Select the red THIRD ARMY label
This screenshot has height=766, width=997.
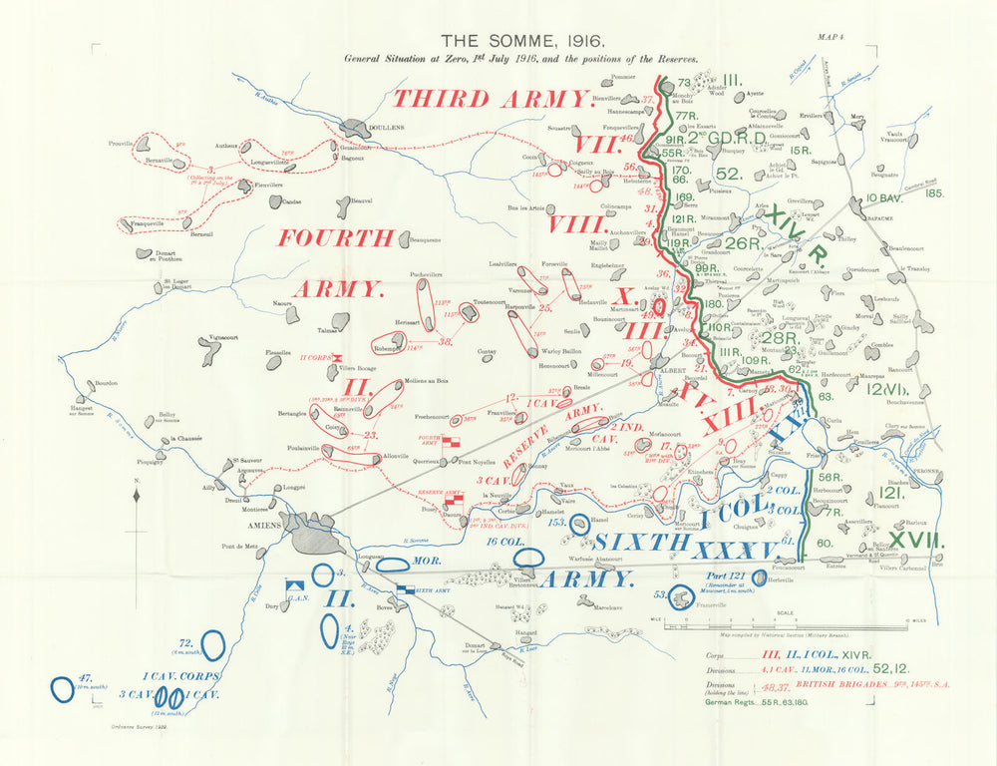(x=493, y=98)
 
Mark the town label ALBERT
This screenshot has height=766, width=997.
(x=660, y=369)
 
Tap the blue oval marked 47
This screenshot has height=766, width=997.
(x=63, y=687)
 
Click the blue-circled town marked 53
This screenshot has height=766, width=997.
(x=681, y=597)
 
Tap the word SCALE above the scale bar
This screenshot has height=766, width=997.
(x=787, y=612)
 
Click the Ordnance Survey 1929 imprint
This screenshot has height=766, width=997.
(x=140, y=726)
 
